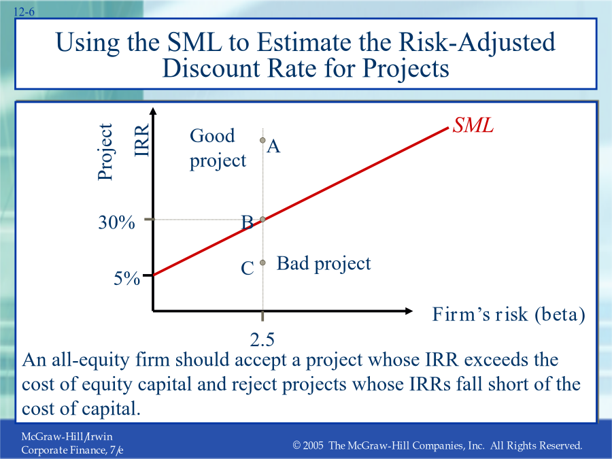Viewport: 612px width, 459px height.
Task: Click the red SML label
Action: coord(473,125)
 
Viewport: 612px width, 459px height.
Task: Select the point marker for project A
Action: coord(262,140)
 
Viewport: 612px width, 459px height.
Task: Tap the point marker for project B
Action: coord(262,220)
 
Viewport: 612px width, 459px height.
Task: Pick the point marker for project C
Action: coord(262,262)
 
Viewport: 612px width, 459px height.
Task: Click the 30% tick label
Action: coord(116,222)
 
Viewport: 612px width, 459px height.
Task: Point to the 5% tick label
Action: coord(126,278)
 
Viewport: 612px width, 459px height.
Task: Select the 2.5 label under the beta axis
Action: coord(262,340)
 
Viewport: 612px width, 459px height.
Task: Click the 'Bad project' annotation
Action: coord(324,264)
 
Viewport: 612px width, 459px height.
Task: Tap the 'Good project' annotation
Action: coord(218,148)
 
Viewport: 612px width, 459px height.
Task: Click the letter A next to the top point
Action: coord(273,146)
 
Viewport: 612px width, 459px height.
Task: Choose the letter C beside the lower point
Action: coord(248,268)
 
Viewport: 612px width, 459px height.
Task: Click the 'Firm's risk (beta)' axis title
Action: coord(509,315)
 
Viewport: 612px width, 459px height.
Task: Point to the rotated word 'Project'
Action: coord(105,152)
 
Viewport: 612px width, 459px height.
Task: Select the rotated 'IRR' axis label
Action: coord(141,140)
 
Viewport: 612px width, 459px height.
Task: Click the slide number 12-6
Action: coord(24,12)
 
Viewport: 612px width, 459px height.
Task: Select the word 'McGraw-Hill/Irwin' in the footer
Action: coord(67,437)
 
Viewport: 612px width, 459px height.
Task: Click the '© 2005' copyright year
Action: coord(308,445)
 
